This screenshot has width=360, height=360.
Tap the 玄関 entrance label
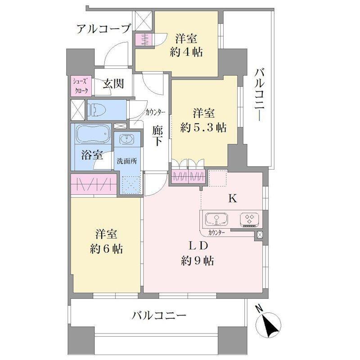[x=112, y=84]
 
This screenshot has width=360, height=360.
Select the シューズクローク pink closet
[x=81, y=85]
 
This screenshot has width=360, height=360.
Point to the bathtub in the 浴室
[x=93, y=134]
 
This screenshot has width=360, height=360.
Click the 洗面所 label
[x=127, y=161]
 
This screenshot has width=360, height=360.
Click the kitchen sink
[x=216, y=220]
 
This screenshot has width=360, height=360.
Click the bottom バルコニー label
[x=158, y=315]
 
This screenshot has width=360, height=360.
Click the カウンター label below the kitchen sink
[x=217, y=233]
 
